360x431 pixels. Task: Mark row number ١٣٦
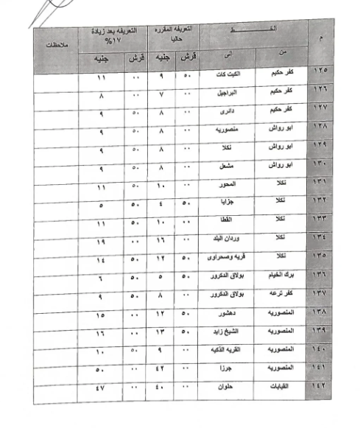coord(319,278)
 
